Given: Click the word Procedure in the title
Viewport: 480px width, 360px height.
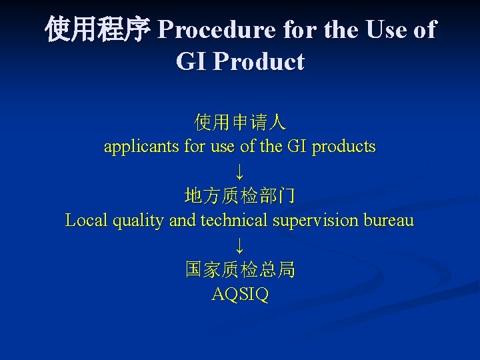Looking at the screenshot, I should click(216, 30).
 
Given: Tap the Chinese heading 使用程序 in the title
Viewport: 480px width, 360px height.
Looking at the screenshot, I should click(98, 30).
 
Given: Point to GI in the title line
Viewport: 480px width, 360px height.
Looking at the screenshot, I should click(190, 62).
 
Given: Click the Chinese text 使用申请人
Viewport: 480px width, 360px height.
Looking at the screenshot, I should click(240, 122).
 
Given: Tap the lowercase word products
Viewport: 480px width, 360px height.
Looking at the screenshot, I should click(344, 146).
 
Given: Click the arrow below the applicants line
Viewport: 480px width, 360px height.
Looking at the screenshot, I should click(240, 171).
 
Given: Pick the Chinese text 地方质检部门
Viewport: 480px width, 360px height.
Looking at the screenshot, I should click(240, 196).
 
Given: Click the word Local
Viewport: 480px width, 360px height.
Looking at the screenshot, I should click(84, 220).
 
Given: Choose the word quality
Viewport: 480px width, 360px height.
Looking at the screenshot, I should click(136, 221).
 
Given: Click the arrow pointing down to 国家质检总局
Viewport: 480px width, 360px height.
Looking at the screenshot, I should click(240, 245).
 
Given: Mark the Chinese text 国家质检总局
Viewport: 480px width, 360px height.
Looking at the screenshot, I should click(240, 269).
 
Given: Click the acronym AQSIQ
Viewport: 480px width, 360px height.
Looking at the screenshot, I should click(240, 294).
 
